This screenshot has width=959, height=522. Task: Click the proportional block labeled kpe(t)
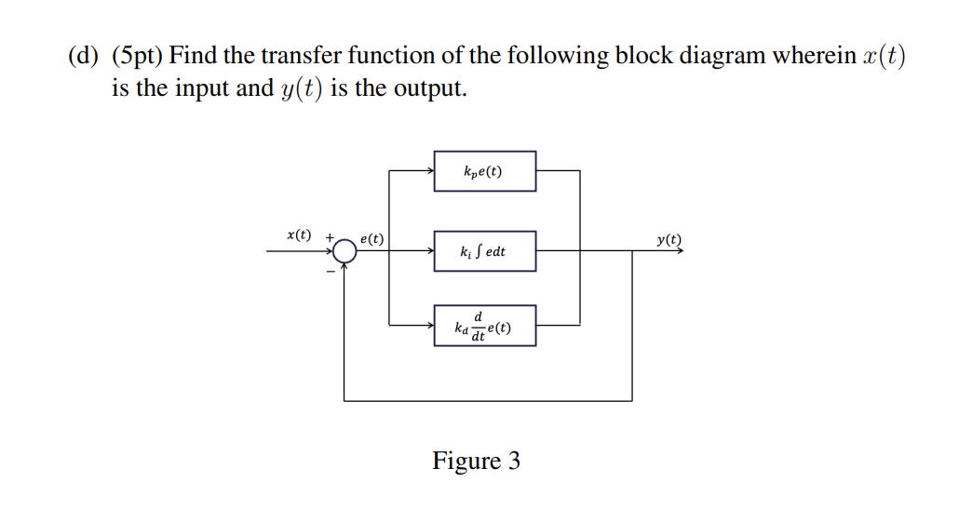click(484, 171)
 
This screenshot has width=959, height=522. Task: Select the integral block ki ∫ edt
click(484, 251)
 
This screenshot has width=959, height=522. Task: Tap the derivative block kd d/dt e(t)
click(484, 326)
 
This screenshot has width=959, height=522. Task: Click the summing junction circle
click(344, 250)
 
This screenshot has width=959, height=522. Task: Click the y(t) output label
click(669, 238)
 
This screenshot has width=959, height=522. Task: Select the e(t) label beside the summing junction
click(372, 238)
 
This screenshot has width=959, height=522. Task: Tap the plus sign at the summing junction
click(329, 238)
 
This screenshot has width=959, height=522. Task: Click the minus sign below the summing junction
click(330, 271)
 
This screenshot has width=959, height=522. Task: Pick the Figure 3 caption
click(476, 461)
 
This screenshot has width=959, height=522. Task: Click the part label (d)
click(83, 56)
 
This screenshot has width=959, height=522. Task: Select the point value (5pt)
click(138, 56)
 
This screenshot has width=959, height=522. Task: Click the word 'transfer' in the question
click(295, 56)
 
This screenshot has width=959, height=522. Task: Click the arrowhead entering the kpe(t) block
click(429, 171)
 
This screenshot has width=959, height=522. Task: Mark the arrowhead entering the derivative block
click(429, 326)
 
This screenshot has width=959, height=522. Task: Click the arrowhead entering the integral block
click(429, 251)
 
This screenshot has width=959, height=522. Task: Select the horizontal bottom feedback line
click(488, 401)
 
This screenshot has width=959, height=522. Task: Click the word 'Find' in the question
click(193, 56)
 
